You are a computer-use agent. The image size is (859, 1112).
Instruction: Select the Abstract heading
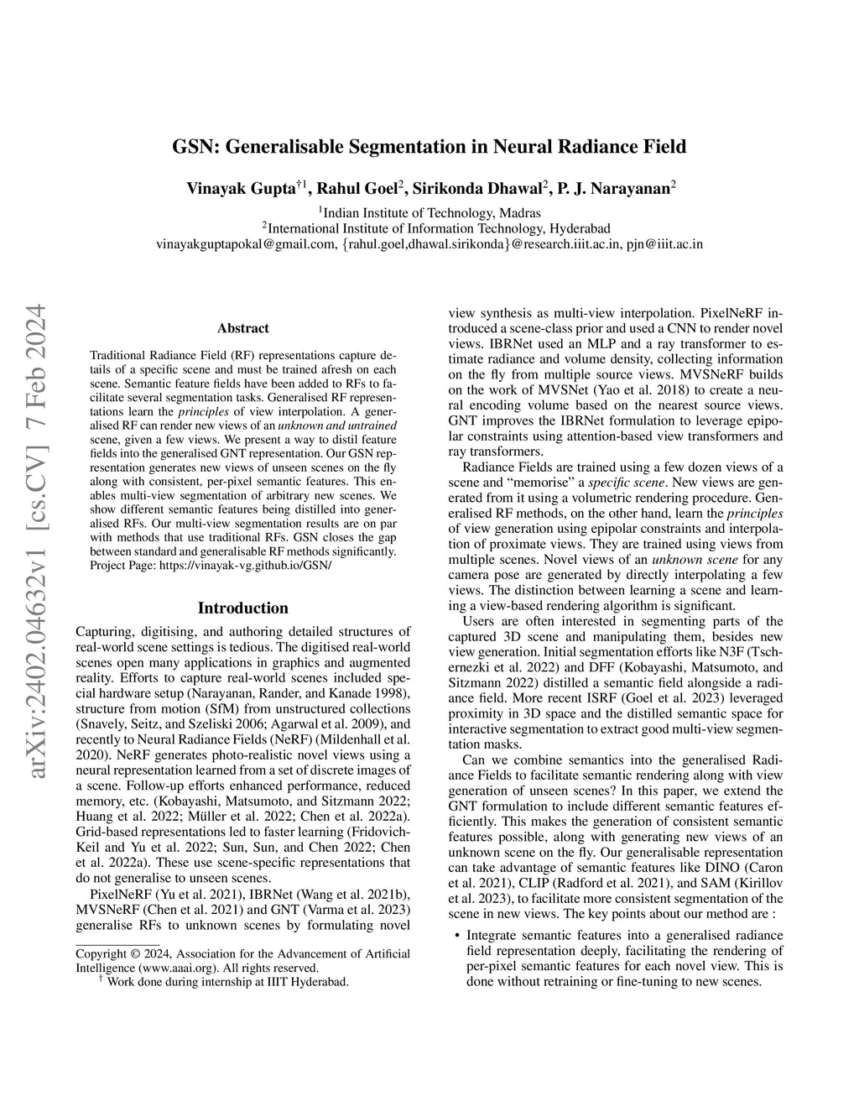243,328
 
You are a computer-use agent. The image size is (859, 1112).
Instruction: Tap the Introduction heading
243,608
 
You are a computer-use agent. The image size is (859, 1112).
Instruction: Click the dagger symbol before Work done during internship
101,980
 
